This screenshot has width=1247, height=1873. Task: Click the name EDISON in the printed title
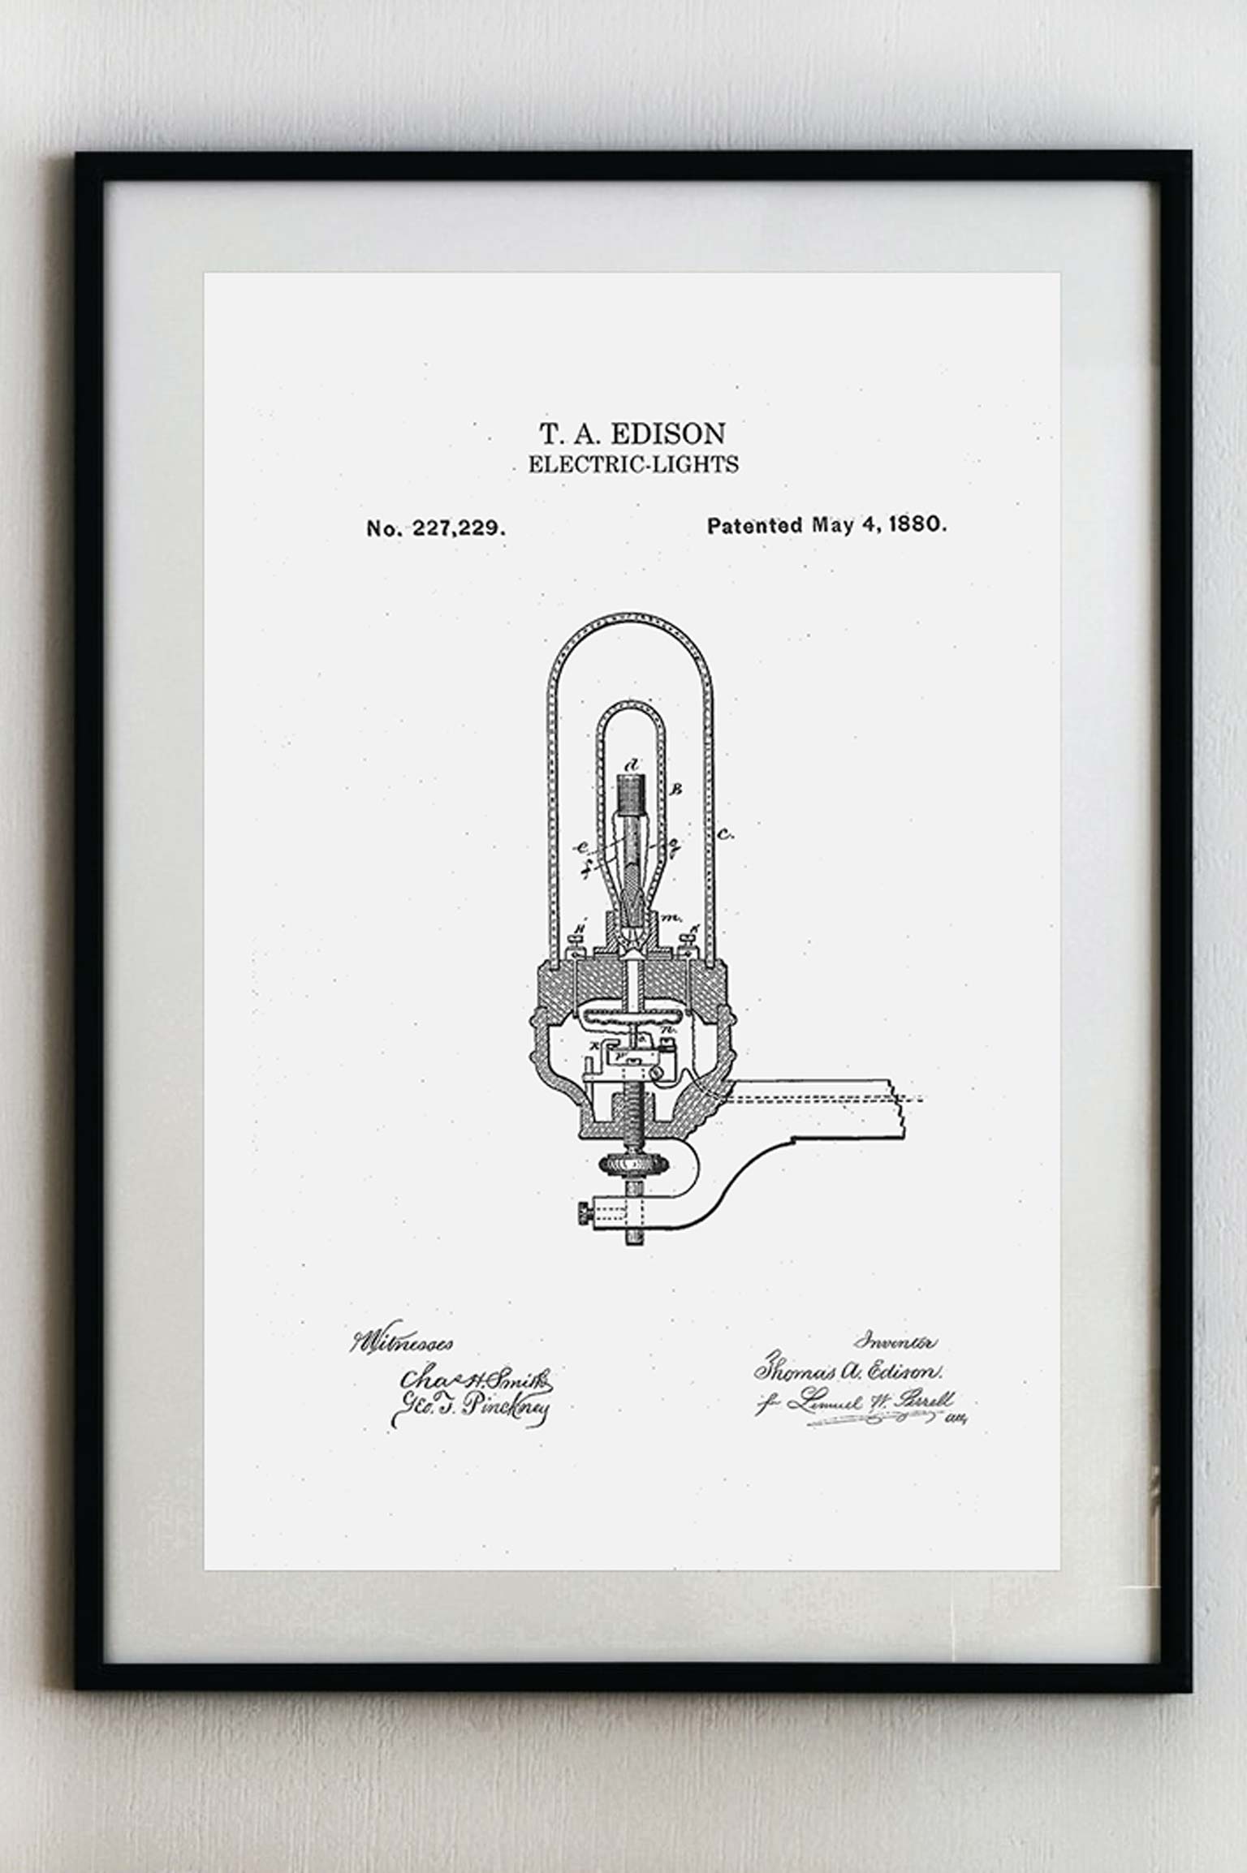click(667, 434)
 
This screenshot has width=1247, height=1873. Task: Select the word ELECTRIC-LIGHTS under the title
click(633, 465)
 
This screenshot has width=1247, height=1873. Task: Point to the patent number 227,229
click(460, 528)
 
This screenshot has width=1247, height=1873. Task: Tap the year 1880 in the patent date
click(917, 524)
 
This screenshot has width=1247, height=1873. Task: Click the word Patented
click(755, 526)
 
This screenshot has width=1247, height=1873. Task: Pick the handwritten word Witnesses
click(401, 1343)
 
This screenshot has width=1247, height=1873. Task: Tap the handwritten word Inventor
click(900, 1342)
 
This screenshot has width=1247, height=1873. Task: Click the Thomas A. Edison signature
click(848, 1371)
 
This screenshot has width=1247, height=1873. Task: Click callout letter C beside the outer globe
click(726, 834)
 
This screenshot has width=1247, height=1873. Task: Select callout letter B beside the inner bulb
click(679, 788)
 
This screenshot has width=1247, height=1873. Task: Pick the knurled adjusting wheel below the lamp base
click(633, 1165)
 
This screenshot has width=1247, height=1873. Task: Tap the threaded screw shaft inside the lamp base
click(632, 1116)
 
